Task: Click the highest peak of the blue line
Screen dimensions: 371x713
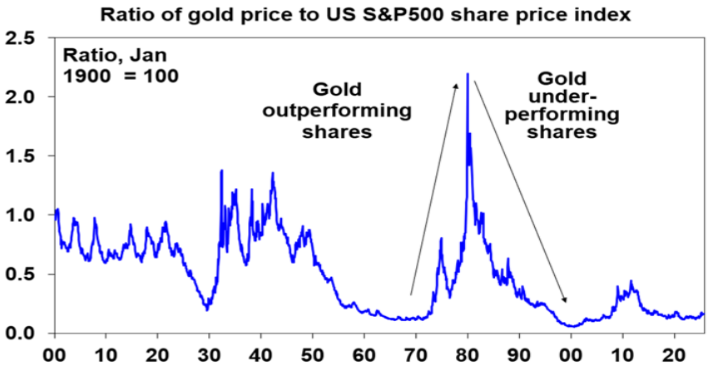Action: tap(468, 75)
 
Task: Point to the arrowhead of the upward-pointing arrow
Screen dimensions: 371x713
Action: tap(457, 84)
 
